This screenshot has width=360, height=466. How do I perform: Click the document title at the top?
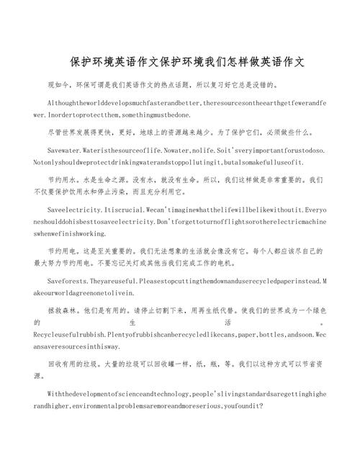pyautogui.click(x=180, y=63)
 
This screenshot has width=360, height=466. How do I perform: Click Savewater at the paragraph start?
pyautogui.click(x=63, y=152)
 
